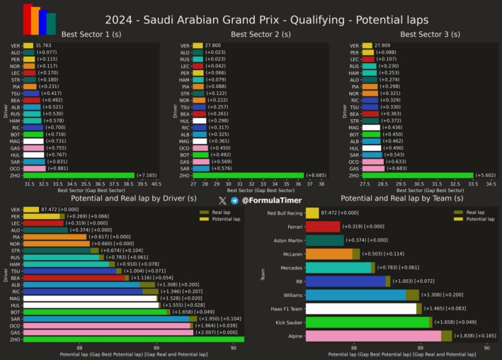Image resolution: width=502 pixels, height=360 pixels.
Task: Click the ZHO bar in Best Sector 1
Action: tap(78, 175)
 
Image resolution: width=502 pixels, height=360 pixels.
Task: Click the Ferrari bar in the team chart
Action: tap(323, 227)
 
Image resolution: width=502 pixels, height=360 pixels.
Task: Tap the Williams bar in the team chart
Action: tap(355, 295)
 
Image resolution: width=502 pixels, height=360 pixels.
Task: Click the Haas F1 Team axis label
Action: tap(284, 308)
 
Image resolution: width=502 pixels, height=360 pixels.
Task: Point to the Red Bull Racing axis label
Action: tap(284, 213)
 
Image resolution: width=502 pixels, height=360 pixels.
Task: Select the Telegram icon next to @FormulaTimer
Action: tap(234, 201)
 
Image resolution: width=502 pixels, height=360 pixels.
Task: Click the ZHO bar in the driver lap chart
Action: tap(133, 339)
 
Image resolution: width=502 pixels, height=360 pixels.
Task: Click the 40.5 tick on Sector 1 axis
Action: tap(156, 184)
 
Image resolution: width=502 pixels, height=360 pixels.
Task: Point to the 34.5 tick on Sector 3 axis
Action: tap(491, 184)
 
